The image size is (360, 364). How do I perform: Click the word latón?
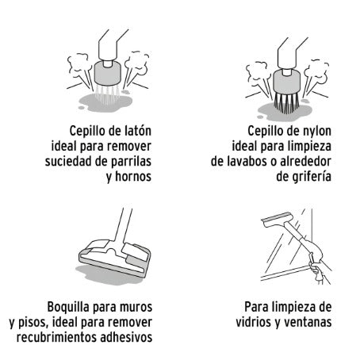pos(137,131)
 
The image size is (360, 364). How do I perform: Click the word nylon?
pos(316,132)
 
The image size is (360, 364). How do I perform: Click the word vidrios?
pos(254,322)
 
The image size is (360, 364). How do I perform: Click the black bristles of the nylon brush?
pos(286,103)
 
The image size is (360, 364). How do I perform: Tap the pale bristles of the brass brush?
pos(108,94)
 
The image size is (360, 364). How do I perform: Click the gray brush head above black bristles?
pos(286,81)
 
